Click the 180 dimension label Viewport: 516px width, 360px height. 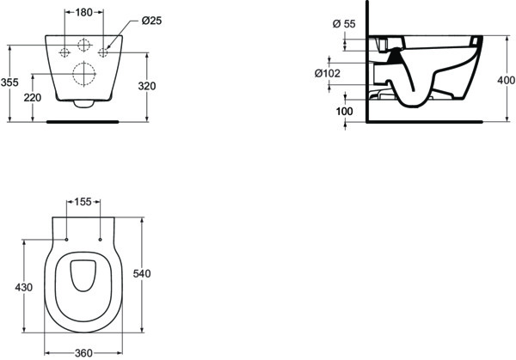(84, 13)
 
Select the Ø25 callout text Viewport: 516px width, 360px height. (151, 21)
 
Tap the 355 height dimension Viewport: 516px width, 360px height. (9, 82)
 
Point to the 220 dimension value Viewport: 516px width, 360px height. (33, 98)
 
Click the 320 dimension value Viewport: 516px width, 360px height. (147, 86)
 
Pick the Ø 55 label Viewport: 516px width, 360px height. (344, 24)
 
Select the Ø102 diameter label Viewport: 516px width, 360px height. (328, 73)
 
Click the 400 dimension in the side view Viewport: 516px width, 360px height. (507, 80)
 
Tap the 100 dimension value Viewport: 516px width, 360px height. (344, 112)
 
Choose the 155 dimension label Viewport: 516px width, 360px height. (83, 202)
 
